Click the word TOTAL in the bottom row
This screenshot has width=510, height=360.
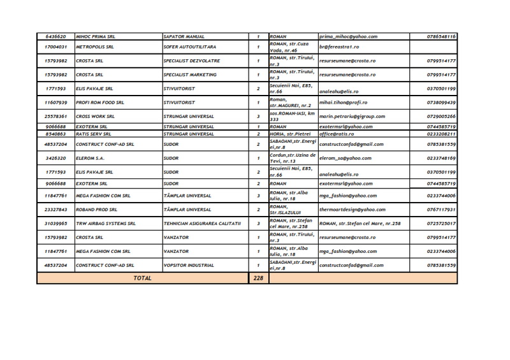(142, 278)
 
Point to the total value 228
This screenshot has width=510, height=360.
(258, 278)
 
